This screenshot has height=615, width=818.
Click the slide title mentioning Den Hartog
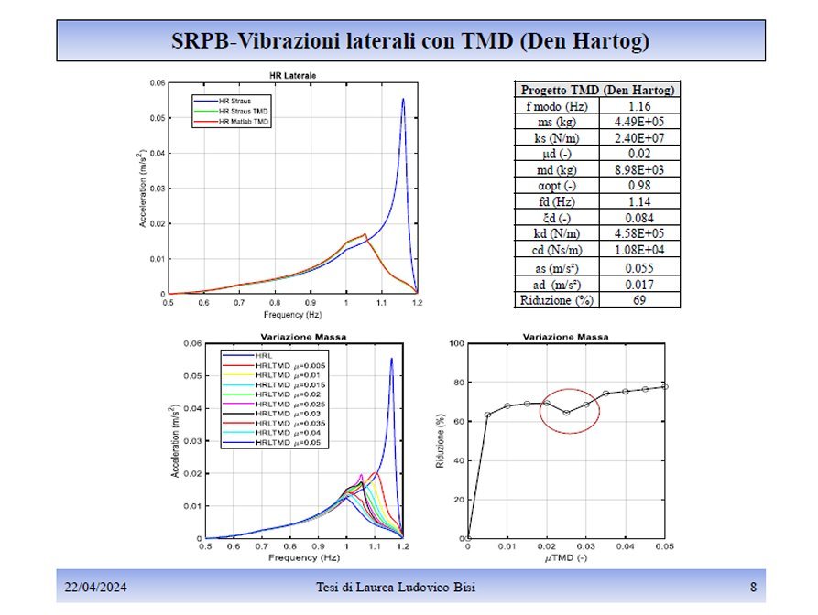(409, 41)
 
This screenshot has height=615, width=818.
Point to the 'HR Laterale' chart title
(293, 74)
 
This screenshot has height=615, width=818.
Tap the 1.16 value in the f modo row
(638, 106)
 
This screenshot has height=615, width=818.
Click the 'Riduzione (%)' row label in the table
(556, 299)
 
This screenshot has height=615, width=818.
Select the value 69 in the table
(638, 299)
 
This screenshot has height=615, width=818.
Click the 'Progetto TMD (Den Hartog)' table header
(598, 90)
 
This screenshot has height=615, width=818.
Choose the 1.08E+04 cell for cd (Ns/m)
(638, 249)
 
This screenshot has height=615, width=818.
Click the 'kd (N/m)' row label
(556, 233)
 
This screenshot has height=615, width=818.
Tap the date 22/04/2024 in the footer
(94, 587)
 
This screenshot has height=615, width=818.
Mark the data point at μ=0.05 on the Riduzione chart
(665, 386)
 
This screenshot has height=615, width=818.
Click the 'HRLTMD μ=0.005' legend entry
(290, 366)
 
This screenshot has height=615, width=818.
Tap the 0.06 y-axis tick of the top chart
(158, 83)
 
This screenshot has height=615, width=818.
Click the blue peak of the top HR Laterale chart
(403, 99)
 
